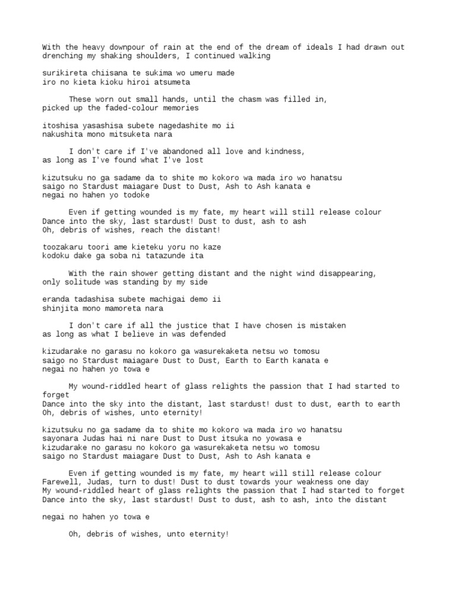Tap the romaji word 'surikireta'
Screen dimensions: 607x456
(x=65, y=73)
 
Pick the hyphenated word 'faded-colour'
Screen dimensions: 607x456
(x=128, y=108)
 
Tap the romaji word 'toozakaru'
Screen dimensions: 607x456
(x=62, y=247)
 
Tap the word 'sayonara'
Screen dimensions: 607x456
(x=60, y=439)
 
